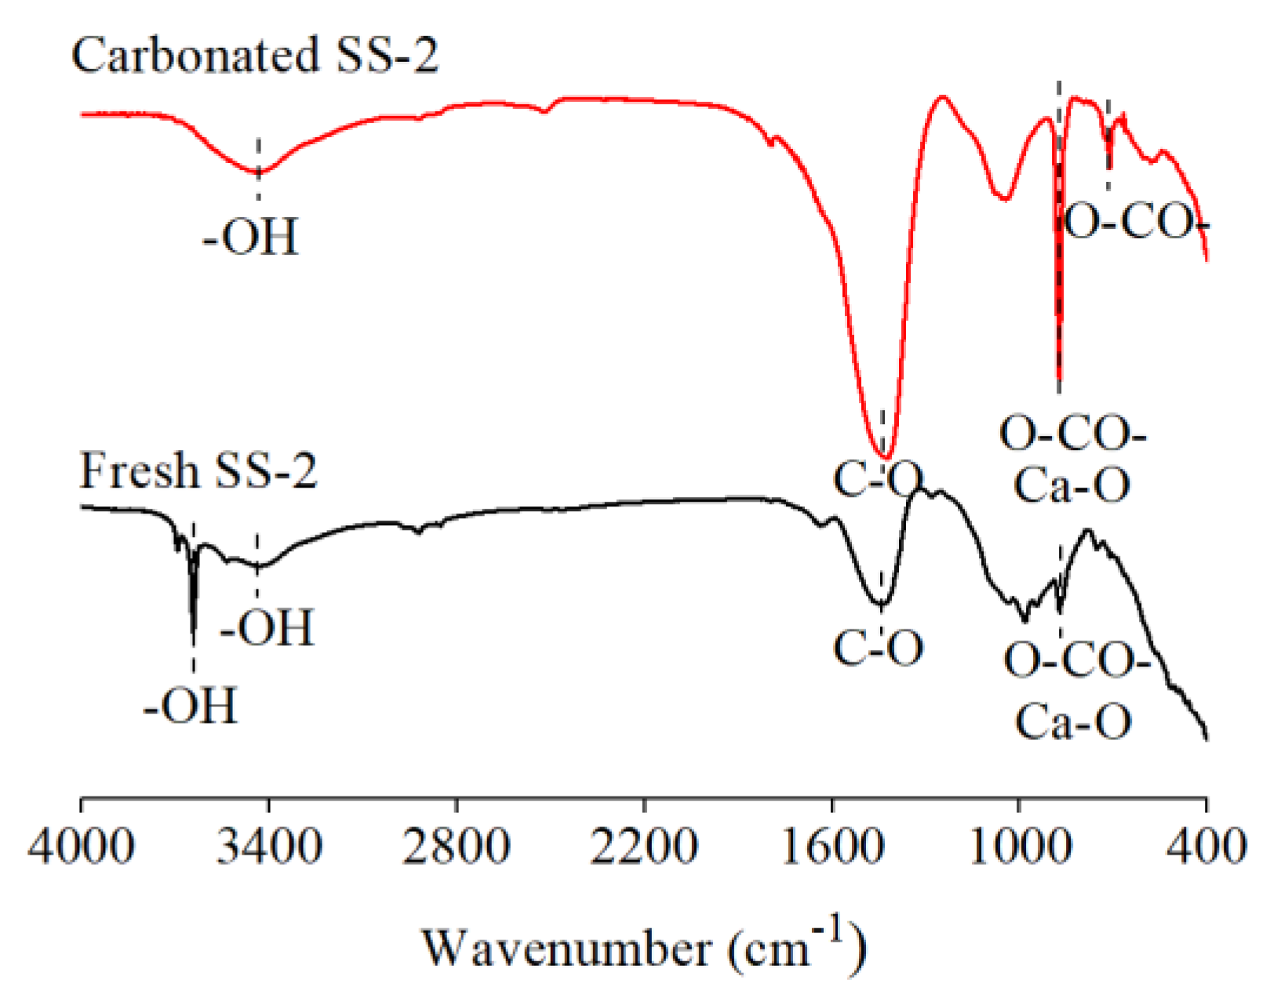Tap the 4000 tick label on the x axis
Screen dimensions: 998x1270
coord(81,847)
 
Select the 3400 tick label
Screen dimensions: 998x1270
coord(268,847)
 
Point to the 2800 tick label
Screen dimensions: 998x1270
coord(456,847)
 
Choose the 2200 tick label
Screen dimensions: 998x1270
coord(643,847)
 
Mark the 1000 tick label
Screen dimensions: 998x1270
coord(1018,847)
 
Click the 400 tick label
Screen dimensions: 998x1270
coord(1206,847)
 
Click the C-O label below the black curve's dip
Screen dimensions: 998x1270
coord(879,648)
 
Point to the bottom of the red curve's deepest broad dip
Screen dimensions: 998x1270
coord(884,457)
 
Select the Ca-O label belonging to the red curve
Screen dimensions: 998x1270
coord(1072,484)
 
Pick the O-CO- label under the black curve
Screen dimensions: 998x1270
coord(1076,660)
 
